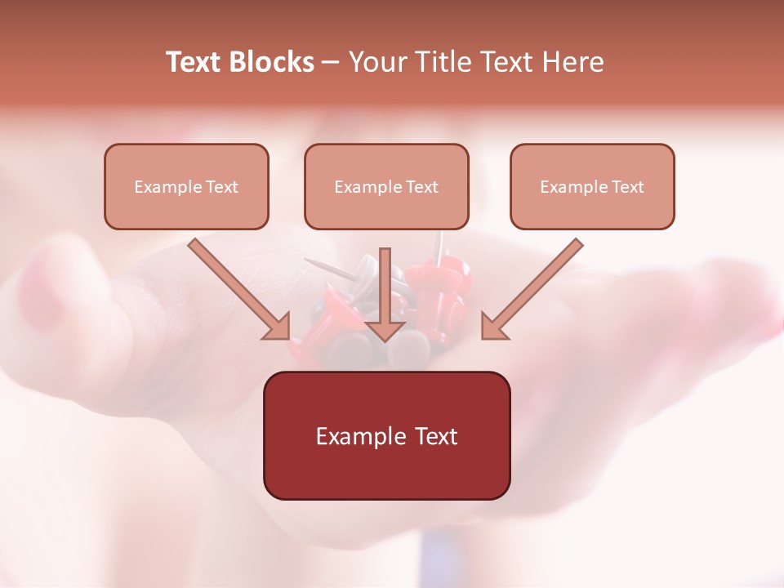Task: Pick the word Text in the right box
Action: tap(627, 187)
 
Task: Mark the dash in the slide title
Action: tap(332, 62)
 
